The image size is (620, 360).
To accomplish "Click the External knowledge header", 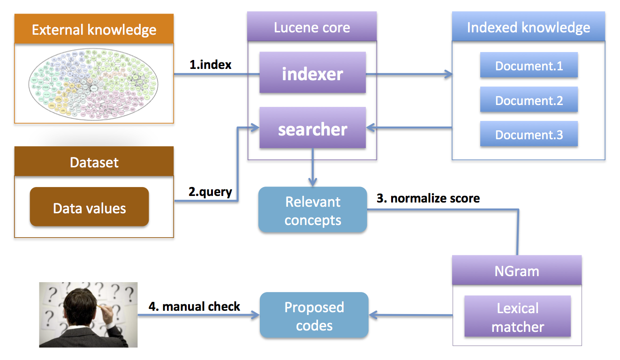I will coord(94,30).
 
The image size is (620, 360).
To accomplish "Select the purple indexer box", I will coord(312,74).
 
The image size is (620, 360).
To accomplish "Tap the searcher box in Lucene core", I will coord(312,129).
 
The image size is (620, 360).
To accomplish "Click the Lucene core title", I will coord(312,27).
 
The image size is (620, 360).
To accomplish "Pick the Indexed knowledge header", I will coord(528,27).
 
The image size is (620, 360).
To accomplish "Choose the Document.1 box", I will coord(529,66).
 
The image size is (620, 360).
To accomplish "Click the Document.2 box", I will coord(529,100).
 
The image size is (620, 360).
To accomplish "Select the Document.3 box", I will coord(529,135).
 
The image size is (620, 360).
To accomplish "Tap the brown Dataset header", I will coord(94,162).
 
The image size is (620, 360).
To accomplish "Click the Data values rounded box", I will coord(89,208).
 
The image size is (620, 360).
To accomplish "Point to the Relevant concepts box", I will coord(312,210).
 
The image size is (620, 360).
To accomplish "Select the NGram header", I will coord(517,270).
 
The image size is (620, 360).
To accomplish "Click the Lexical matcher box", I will coord(517,317).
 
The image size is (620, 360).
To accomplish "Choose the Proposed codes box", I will coord(314,316).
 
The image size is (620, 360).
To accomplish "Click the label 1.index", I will coord(210,65).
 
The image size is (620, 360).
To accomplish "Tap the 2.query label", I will coord(210,192).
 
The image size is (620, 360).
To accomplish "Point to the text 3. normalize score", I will coord(428,198).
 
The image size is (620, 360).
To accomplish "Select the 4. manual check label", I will coord(194,307).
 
